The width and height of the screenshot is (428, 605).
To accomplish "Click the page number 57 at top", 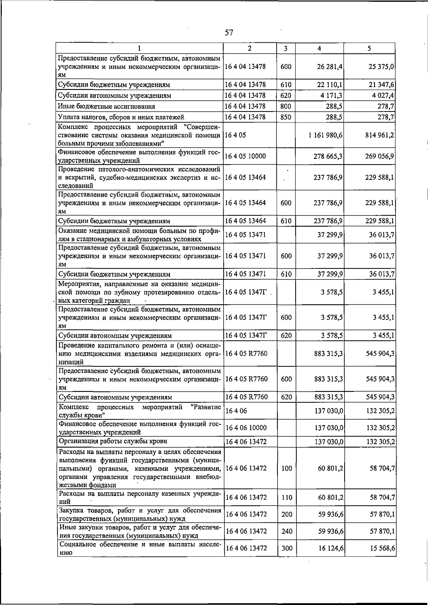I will coord(229,33).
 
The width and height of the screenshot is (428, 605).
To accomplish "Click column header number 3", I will coord(286,48).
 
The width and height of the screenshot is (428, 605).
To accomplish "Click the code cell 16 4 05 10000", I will coord(245,156).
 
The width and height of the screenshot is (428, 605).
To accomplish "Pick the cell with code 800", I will coord(286,106).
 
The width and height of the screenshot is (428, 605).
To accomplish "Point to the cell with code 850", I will coord(286,117).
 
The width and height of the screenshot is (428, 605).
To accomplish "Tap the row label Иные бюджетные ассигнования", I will coord(107,106).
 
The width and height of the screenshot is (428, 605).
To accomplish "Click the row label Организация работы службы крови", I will coord(113,442).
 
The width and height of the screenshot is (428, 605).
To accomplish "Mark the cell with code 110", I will coord(287,497).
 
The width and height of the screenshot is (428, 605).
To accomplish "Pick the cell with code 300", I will coord(287,548).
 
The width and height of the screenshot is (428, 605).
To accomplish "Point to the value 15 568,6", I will coord(382,548).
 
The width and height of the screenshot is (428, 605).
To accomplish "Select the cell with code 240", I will coord(287,531).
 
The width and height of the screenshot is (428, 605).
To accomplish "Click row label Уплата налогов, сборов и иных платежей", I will coord(121,117).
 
